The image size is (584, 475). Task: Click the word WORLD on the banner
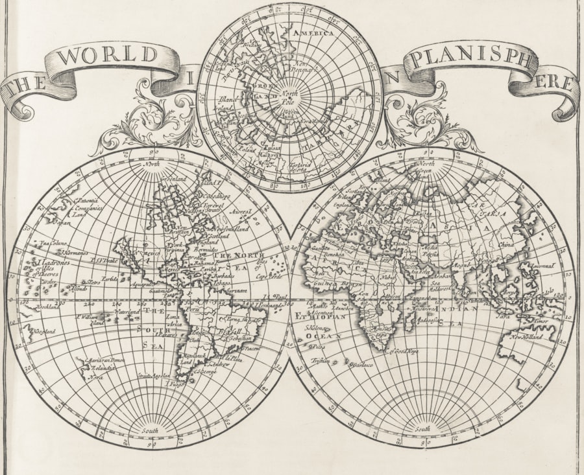pos(108,56)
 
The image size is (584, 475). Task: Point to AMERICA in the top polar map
pos(313,32)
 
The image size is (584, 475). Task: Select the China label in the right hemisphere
pos(507,244)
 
